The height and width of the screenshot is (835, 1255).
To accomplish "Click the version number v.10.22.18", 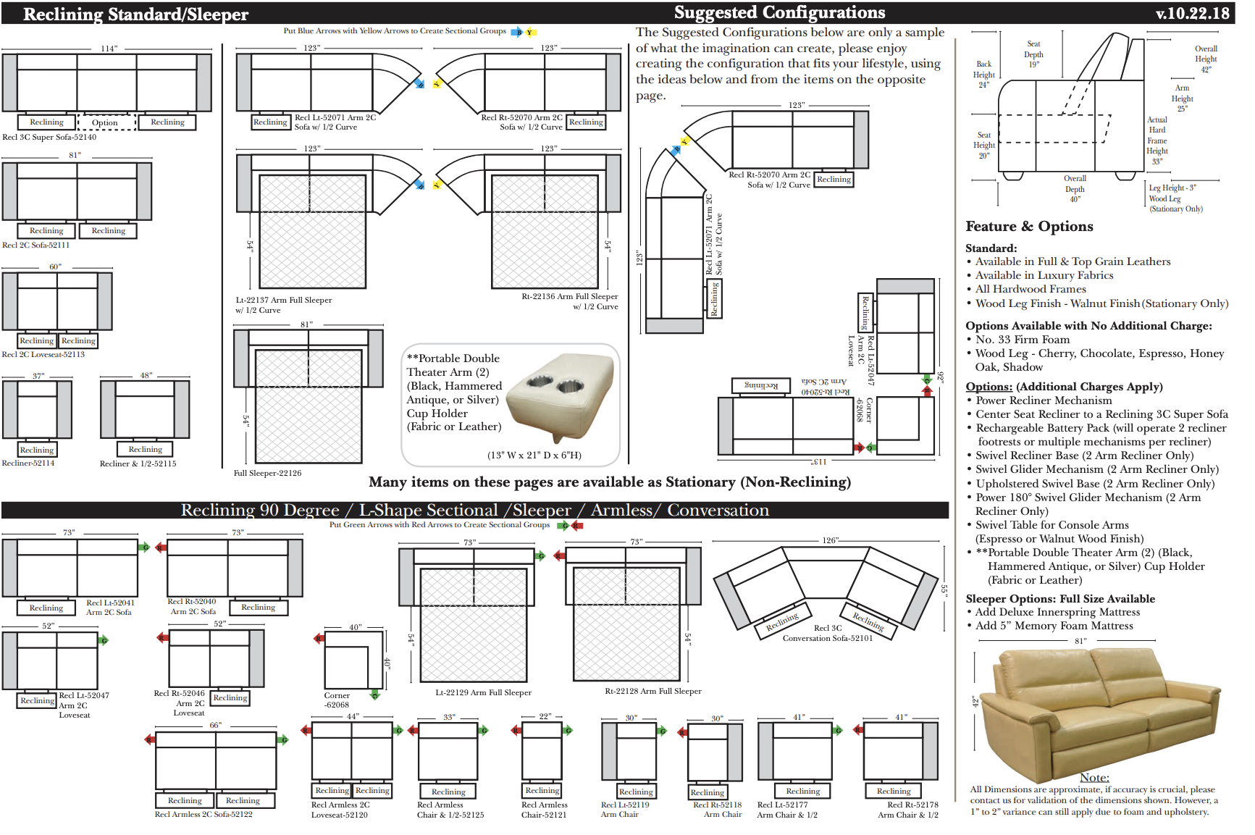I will point(1192,13).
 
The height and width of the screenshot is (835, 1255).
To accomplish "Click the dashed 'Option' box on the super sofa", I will point(105,122).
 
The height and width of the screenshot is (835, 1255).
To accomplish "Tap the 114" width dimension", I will point(109,49).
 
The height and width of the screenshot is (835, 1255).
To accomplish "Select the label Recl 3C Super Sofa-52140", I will point(49,137).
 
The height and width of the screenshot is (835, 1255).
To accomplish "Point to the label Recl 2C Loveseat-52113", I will point(43,354).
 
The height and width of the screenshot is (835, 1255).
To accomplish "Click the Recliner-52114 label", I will point(28,463).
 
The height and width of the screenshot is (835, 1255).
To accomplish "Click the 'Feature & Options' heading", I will point(1029,227).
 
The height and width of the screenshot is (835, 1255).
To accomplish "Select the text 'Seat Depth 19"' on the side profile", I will point(1033,54).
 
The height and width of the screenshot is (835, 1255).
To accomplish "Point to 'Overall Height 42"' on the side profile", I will point(1206,59).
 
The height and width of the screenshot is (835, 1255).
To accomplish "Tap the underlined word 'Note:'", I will point(1094,777).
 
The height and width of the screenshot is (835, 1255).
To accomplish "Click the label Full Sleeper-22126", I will point(267,473).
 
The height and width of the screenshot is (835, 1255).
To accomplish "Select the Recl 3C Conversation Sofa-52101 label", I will point(827,633).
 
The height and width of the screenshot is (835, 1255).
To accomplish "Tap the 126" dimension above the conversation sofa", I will point(830,540).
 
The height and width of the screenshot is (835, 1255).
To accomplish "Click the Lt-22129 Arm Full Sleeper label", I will point(483,692).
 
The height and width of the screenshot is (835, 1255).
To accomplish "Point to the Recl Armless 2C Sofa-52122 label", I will point(203,814).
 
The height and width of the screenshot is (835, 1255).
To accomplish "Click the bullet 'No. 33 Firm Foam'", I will point(1022,340).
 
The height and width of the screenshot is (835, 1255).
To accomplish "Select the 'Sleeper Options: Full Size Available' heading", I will point(1060,599).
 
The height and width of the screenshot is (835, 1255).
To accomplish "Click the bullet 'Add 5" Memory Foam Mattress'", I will point(1054,626).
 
